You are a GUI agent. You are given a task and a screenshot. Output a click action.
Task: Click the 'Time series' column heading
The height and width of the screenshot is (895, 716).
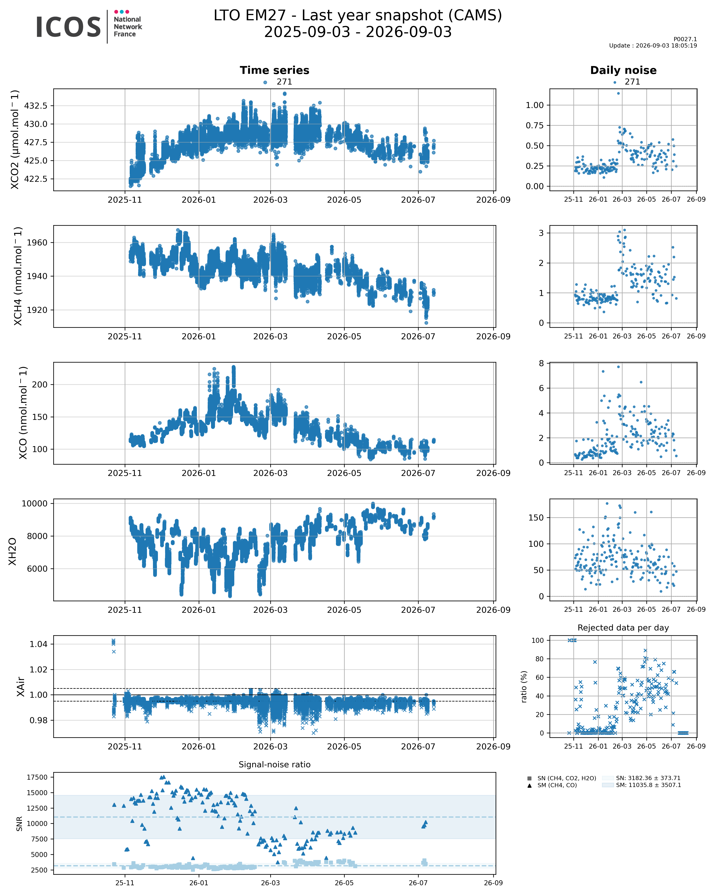point(274,70)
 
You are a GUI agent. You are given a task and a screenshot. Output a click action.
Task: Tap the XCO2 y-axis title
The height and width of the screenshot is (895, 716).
point(15,139)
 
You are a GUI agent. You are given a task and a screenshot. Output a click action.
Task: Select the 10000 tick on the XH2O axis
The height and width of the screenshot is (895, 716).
point(35,504)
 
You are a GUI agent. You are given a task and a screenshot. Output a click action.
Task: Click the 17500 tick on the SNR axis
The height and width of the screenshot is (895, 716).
point(37,777)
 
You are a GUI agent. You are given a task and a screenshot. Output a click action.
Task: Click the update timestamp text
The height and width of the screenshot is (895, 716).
point(653,46)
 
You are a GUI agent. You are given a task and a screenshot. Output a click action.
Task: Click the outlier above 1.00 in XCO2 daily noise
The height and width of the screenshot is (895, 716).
point(619,93)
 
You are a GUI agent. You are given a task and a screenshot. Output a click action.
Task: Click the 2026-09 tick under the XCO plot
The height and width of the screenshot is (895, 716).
point(493,473)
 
